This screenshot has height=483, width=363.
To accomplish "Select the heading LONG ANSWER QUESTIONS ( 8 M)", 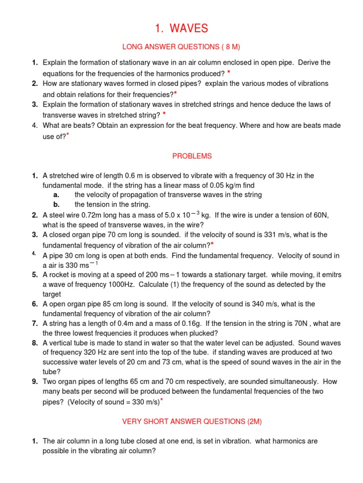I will click(181, 47).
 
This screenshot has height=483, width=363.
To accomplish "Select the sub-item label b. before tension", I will click(56, 204).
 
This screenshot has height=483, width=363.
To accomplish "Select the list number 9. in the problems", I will click(35, 381).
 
